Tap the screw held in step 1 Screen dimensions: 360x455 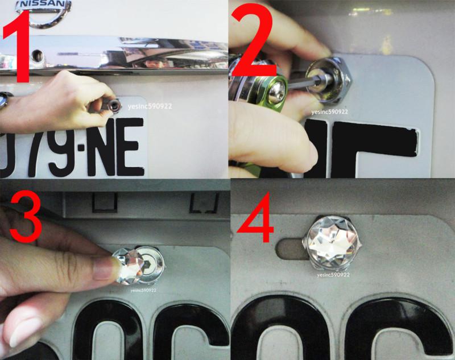[x=115, y=105]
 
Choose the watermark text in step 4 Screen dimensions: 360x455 [x=333, y=275]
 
